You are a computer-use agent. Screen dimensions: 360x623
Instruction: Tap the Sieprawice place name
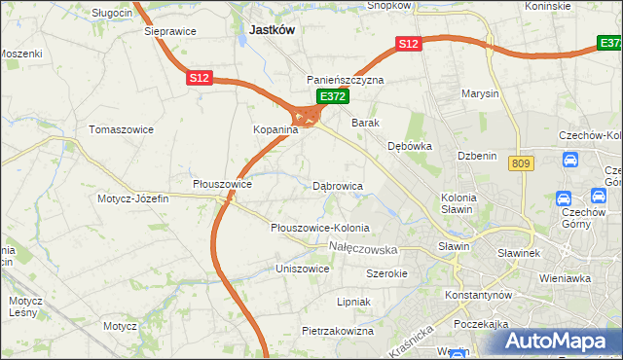point(170,31)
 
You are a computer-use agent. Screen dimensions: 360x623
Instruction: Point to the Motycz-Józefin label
point(132,198)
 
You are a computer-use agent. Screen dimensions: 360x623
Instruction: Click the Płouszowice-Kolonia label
point(320,228)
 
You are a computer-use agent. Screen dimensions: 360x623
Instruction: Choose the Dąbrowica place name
point(338,185)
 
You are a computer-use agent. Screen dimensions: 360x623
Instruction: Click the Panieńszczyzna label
point(346,80)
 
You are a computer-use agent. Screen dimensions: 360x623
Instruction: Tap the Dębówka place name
point(410,146)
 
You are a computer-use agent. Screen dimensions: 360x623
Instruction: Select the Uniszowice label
point(303,268)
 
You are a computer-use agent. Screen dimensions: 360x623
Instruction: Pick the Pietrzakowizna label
point(338,331)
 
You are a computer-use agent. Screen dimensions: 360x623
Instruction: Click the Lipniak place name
point(353,302)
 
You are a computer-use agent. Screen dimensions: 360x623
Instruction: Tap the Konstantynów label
point(478,294)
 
